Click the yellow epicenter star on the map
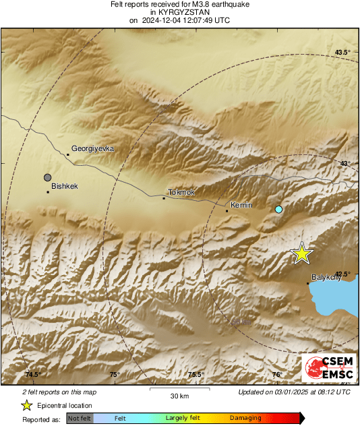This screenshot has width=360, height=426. (302, 253)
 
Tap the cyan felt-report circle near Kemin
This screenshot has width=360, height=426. (278, 210)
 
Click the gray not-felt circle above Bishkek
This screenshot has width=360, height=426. (47, 177)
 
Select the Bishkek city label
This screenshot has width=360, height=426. (65, 185)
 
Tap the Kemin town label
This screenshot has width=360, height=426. (241, 204)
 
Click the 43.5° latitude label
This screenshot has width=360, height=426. (343, 52)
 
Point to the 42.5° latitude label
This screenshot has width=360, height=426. (343, 273)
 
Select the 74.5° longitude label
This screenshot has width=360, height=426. (33, 375)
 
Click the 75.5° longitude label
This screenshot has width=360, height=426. (196, 375)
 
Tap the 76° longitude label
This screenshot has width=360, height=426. (277, 375)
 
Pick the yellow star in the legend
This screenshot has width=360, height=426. (26, 405)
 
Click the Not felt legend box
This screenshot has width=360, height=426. (80, 418)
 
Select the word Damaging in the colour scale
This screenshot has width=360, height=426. (245, 418)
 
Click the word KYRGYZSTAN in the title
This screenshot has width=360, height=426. (179, 12)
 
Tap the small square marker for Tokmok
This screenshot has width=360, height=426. (164, 198)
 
